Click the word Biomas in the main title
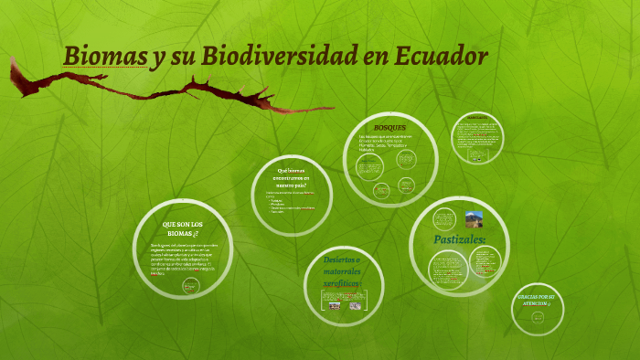pyautogui.click(x=102, y=57)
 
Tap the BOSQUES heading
pyautogui.click(x=389, y=127)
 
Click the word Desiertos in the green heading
pyautogui.click(x=341, y=259)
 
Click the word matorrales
pyautogui.click(x=342, y=272)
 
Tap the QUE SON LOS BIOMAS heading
pyautogui.click(x=182, y=228)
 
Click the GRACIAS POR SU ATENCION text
pyautogui.click(x=539, y=301)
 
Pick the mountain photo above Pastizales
pyautogui.click(x=474, y=219)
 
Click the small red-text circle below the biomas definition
pyautogui.click(x=190, y=286)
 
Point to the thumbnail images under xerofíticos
pyautogui.click(x=342, y=305)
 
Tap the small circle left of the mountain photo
pyautogui.click(x=443, y=220)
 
